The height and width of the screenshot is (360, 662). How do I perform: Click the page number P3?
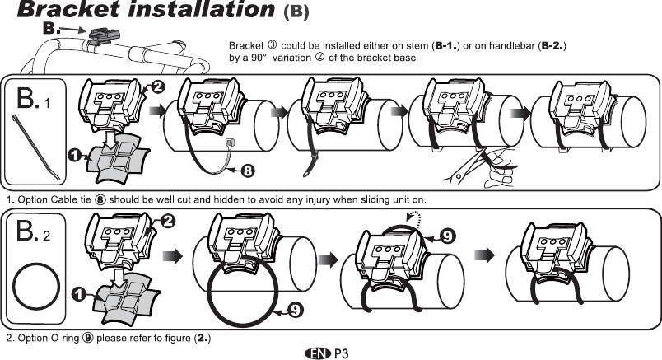[x=342, y=353]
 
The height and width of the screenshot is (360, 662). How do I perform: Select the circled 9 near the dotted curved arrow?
[x=445, y=235]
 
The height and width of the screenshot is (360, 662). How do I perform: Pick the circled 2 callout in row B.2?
[x=167, y=221]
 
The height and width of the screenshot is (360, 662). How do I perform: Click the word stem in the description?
[x=413, y=46]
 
